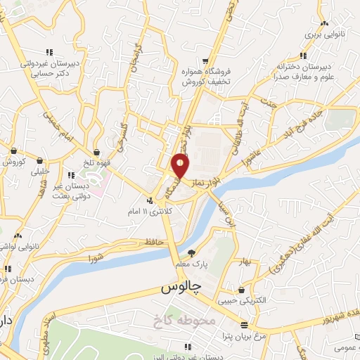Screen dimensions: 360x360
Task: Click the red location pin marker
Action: (x=181, y=166)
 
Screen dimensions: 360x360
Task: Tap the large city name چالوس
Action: (x=181, y=287)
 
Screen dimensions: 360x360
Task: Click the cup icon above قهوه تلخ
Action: (x=96, y=151)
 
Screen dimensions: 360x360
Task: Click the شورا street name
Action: (x=96, y=259)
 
